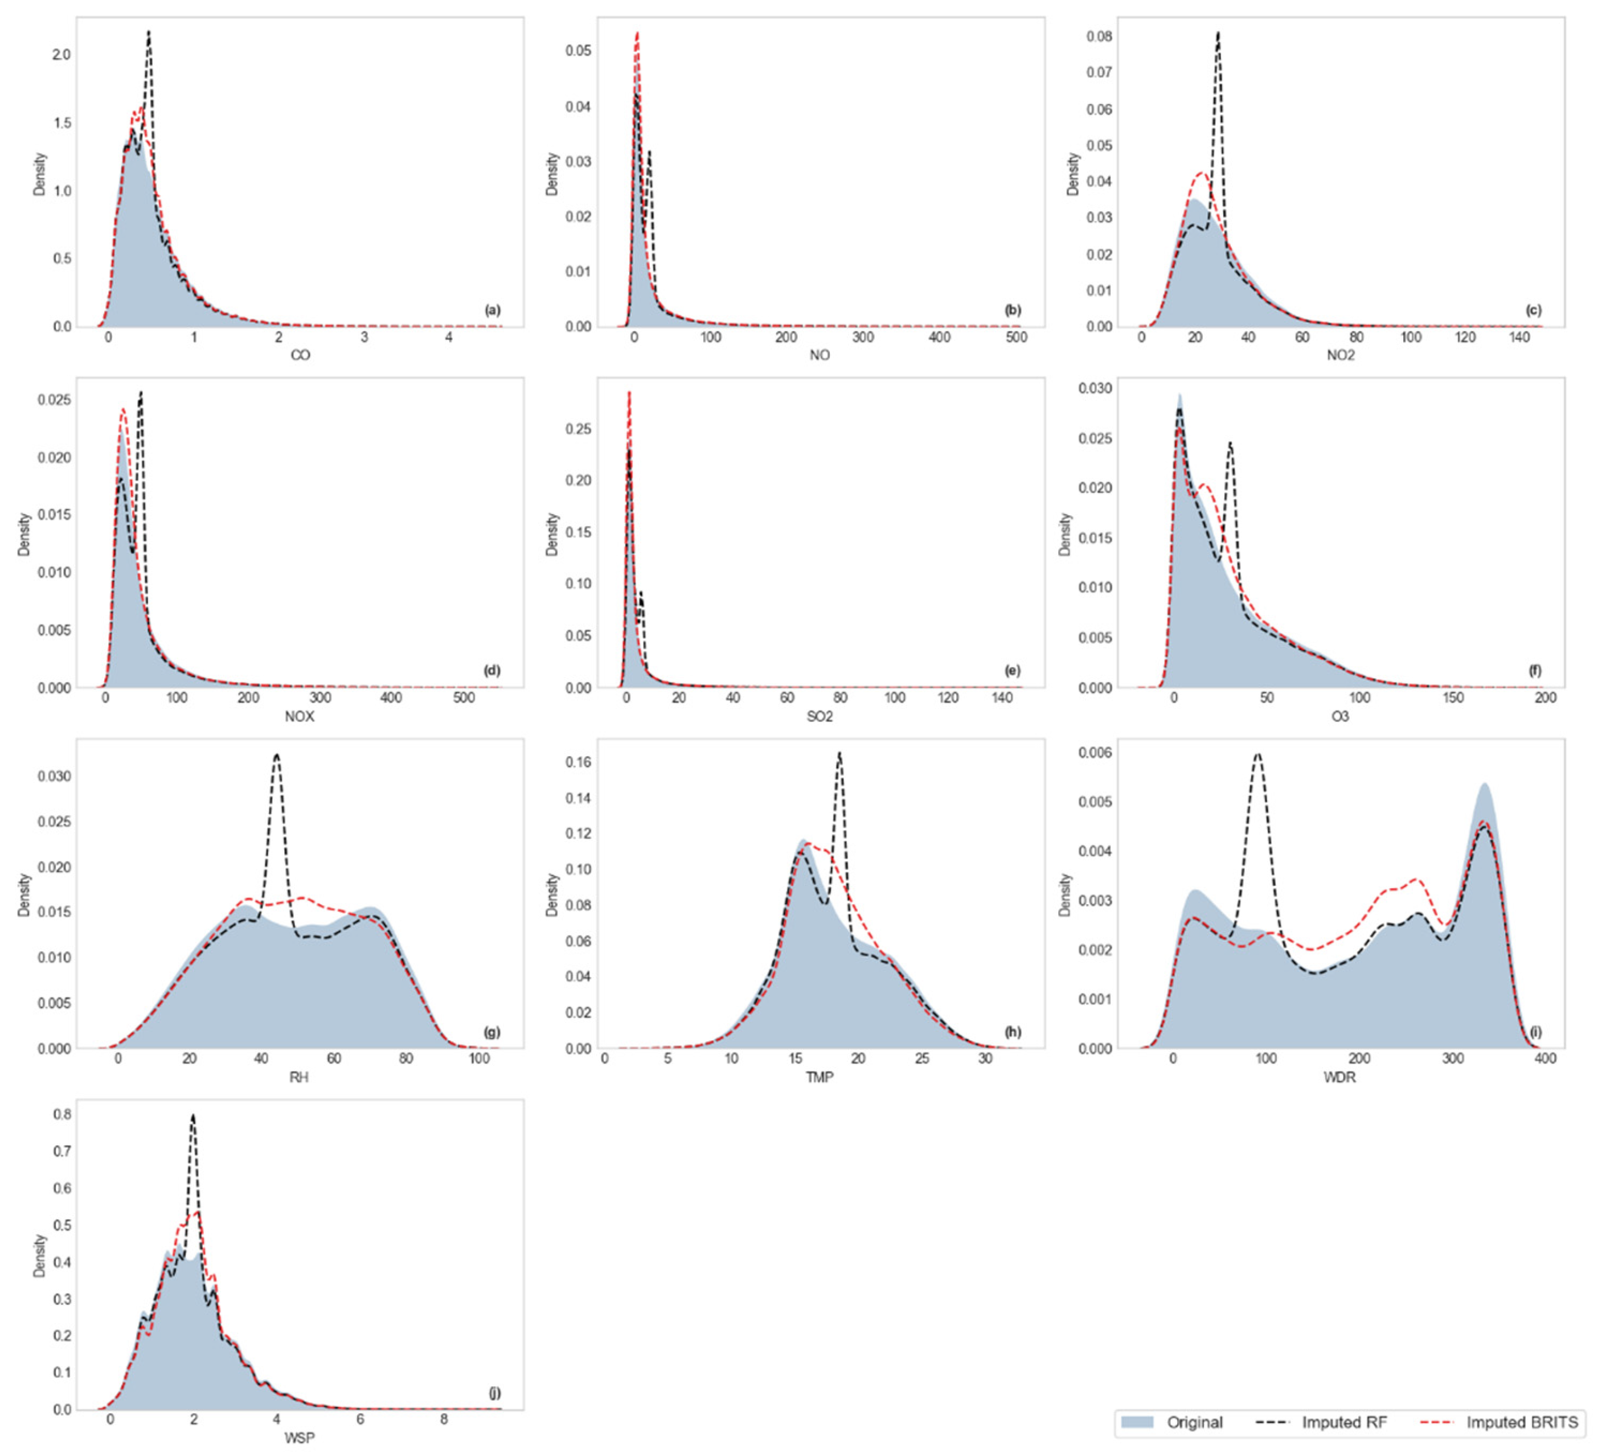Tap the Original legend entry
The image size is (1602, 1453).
tap(1194, 1422)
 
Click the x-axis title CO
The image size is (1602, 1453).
tap(300, 355)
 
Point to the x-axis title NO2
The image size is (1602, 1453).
tap(1340, 355)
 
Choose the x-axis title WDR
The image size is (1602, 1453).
tap(1340, 1077)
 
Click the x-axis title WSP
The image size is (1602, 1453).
tap(300, 1438)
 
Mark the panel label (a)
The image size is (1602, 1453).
tap(493, 310)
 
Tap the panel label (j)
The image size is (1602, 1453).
tap(494, 1393)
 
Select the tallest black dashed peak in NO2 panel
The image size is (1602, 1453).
tap(1218, 34)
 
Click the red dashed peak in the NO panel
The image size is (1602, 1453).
tap(637, 34)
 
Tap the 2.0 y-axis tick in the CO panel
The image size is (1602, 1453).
tap(61, 55)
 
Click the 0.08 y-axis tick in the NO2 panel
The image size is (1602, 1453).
tap(1099, 36)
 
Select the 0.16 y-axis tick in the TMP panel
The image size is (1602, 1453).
tap(579, 762)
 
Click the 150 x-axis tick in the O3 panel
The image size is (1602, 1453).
tap(1453, 697)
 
